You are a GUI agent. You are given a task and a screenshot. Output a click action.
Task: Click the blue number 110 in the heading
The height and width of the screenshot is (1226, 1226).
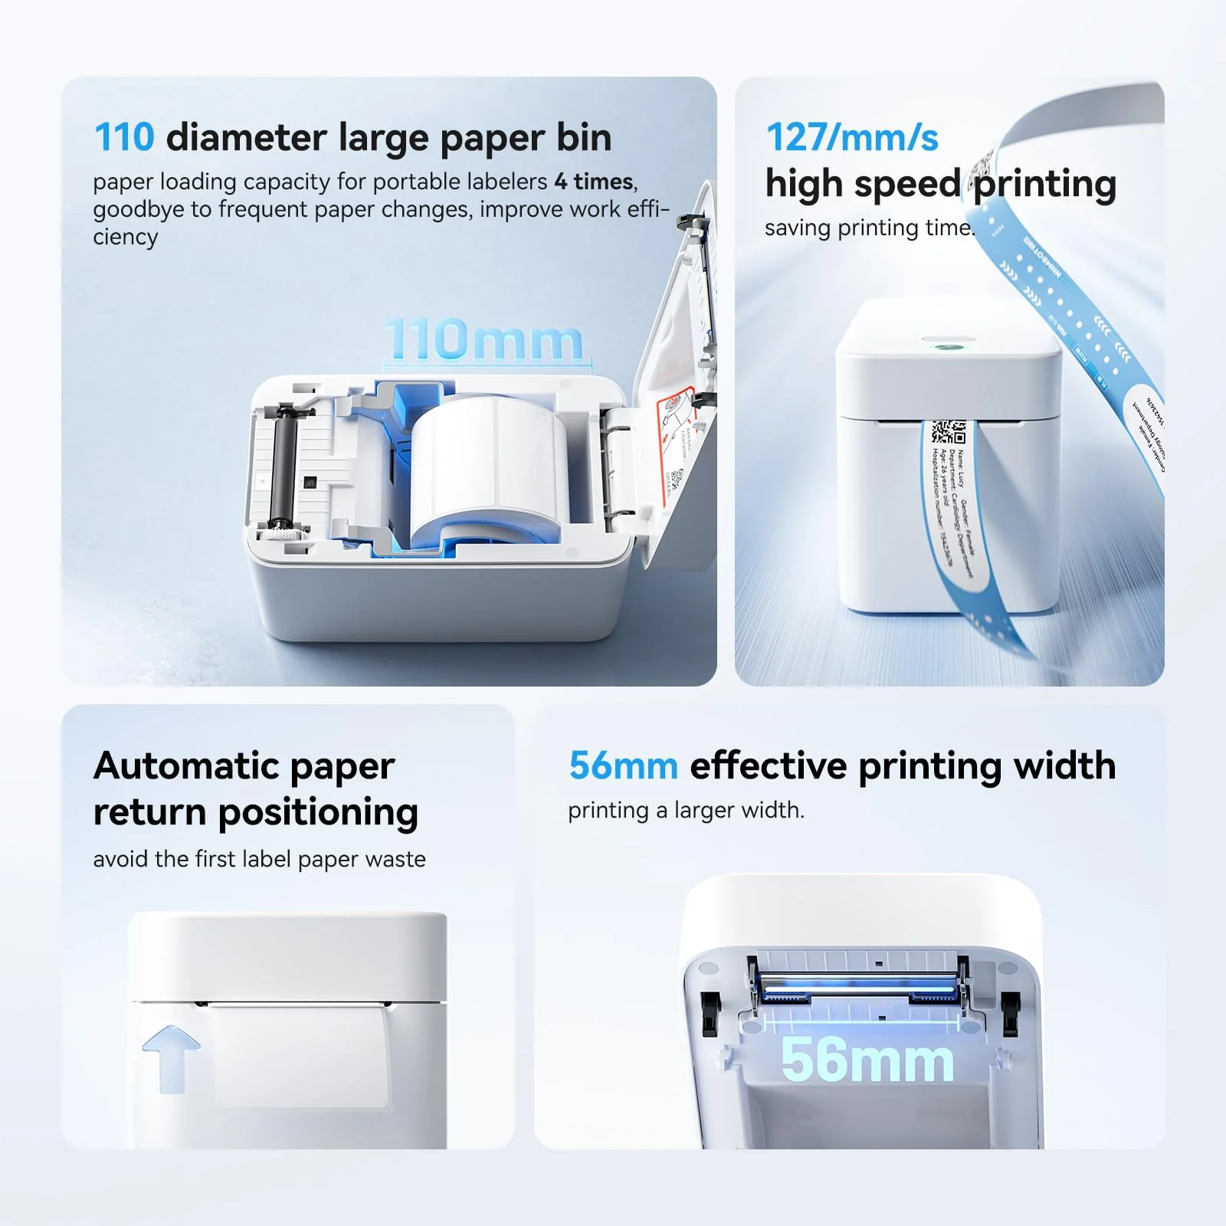point(124,138)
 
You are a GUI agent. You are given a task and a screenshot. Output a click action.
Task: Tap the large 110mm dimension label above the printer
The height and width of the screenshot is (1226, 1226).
point(483,340)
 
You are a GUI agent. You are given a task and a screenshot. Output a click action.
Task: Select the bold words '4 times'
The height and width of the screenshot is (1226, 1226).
point(594,182)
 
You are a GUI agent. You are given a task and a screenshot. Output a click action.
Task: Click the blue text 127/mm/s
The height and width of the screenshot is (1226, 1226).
point(852,138)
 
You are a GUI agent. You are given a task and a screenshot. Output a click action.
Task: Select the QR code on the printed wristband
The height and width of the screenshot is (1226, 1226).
point(948,432)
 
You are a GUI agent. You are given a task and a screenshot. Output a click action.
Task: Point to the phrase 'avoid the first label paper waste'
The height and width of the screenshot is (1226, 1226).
point(259,859)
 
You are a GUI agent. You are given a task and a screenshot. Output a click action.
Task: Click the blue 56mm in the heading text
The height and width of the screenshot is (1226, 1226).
point(623,766)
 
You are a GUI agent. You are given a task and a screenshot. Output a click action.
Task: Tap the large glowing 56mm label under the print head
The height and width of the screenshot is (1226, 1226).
point(867,1060)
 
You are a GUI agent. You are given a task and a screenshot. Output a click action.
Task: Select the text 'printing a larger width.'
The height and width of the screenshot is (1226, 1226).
point(686,811)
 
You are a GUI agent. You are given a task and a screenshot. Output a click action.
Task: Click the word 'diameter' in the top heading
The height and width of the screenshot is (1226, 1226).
point(247,138)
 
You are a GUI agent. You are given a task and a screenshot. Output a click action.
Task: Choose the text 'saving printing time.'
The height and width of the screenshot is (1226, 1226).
point(869,228)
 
